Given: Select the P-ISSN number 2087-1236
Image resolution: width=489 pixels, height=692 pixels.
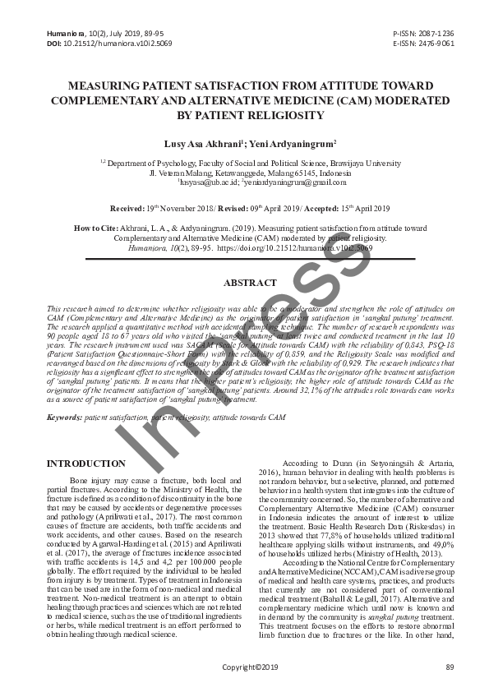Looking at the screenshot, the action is coord(436,31).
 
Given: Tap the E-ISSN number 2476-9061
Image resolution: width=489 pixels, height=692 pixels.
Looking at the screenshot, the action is coord(436,42).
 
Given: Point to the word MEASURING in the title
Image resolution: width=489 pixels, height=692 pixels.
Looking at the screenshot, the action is coord(105,85).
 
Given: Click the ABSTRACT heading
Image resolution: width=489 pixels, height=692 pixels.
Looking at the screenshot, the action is coord(250,282).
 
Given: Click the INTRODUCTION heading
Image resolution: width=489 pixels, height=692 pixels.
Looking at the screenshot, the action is coord(86,464).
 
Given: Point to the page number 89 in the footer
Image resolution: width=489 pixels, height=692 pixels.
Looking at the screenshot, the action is coord(449,667).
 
